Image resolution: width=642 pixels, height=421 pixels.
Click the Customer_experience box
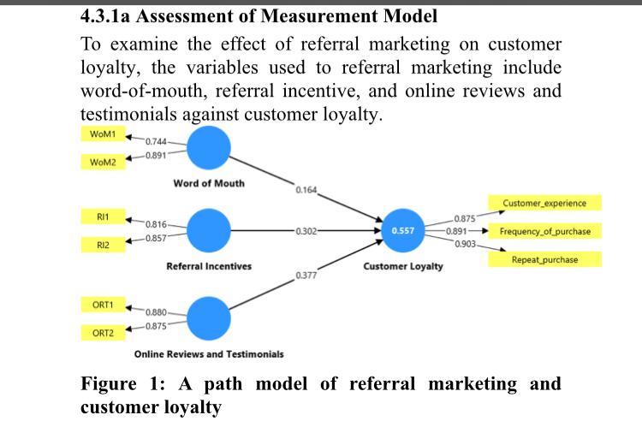pyautogui.click(x=544, y=204)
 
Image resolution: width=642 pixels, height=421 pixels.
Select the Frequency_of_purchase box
pyautogui.click(x=544, y=231)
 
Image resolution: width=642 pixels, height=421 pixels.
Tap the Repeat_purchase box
pyautogui.click(x=544, y=258)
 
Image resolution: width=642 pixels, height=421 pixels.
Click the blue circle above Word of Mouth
pyautogui.click(x=209, y=148)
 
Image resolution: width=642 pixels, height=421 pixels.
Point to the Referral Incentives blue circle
pyautogui.click(x=209, y=230)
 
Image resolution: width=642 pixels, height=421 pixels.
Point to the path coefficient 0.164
pyautogui.click(x=305, y=189)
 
